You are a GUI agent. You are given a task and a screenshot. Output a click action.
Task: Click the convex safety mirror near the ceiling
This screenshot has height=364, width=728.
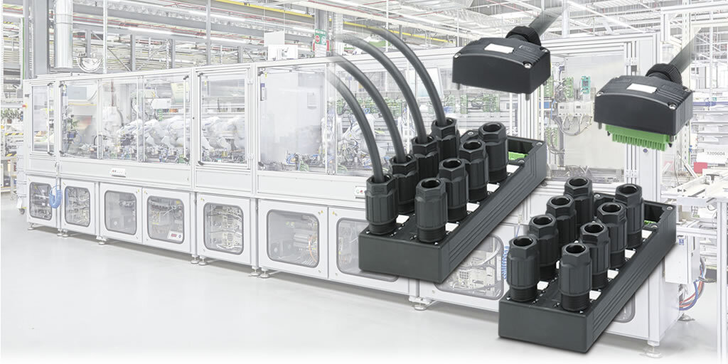point(90,63)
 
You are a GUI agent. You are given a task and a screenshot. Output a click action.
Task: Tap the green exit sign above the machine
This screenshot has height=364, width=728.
point(320,37)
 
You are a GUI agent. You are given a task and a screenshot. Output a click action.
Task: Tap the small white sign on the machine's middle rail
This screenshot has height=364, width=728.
point(117,173)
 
